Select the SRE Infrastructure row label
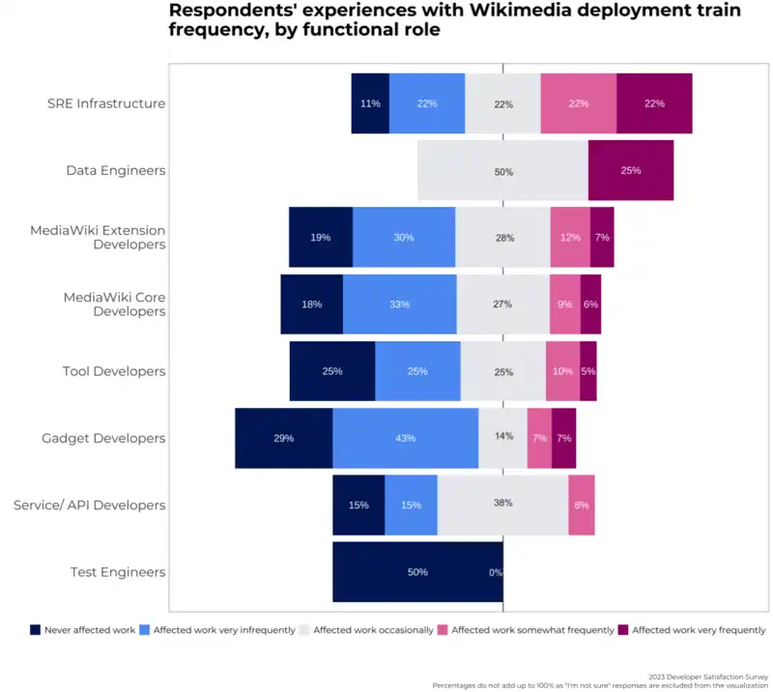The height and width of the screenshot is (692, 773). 106,103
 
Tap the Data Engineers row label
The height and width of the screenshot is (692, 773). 116,170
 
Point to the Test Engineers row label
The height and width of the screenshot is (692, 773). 118,572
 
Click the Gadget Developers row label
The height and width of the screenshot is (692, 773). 103,438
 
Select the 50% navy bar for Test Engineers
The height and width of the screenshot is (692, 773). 417,572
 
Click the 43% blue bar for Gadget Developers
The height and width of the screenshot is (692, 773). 405,438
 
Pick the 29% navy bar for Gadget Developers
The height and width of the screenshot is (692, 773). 283,438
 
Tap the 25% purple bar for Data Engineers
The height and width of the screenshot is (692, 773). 631,170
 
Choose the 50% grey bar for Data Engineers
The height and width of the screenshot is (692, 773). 502,170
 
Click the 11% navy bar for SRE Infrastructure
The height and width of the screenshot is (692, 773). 370,103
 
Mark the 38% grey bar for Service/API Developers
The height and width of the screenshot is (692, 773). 502,505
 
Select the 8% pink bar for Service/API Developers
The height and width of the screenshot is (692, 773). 581,505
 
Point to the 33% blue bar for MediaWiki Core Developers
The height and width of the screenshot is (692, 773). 399,304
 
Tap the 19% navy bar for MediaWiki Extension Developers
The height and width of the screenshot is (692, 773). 320,237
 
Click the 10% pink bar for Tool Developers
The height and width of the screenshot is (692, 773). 562,371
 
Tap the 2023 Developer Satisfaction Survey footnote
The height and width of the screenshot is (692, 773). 709,677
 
